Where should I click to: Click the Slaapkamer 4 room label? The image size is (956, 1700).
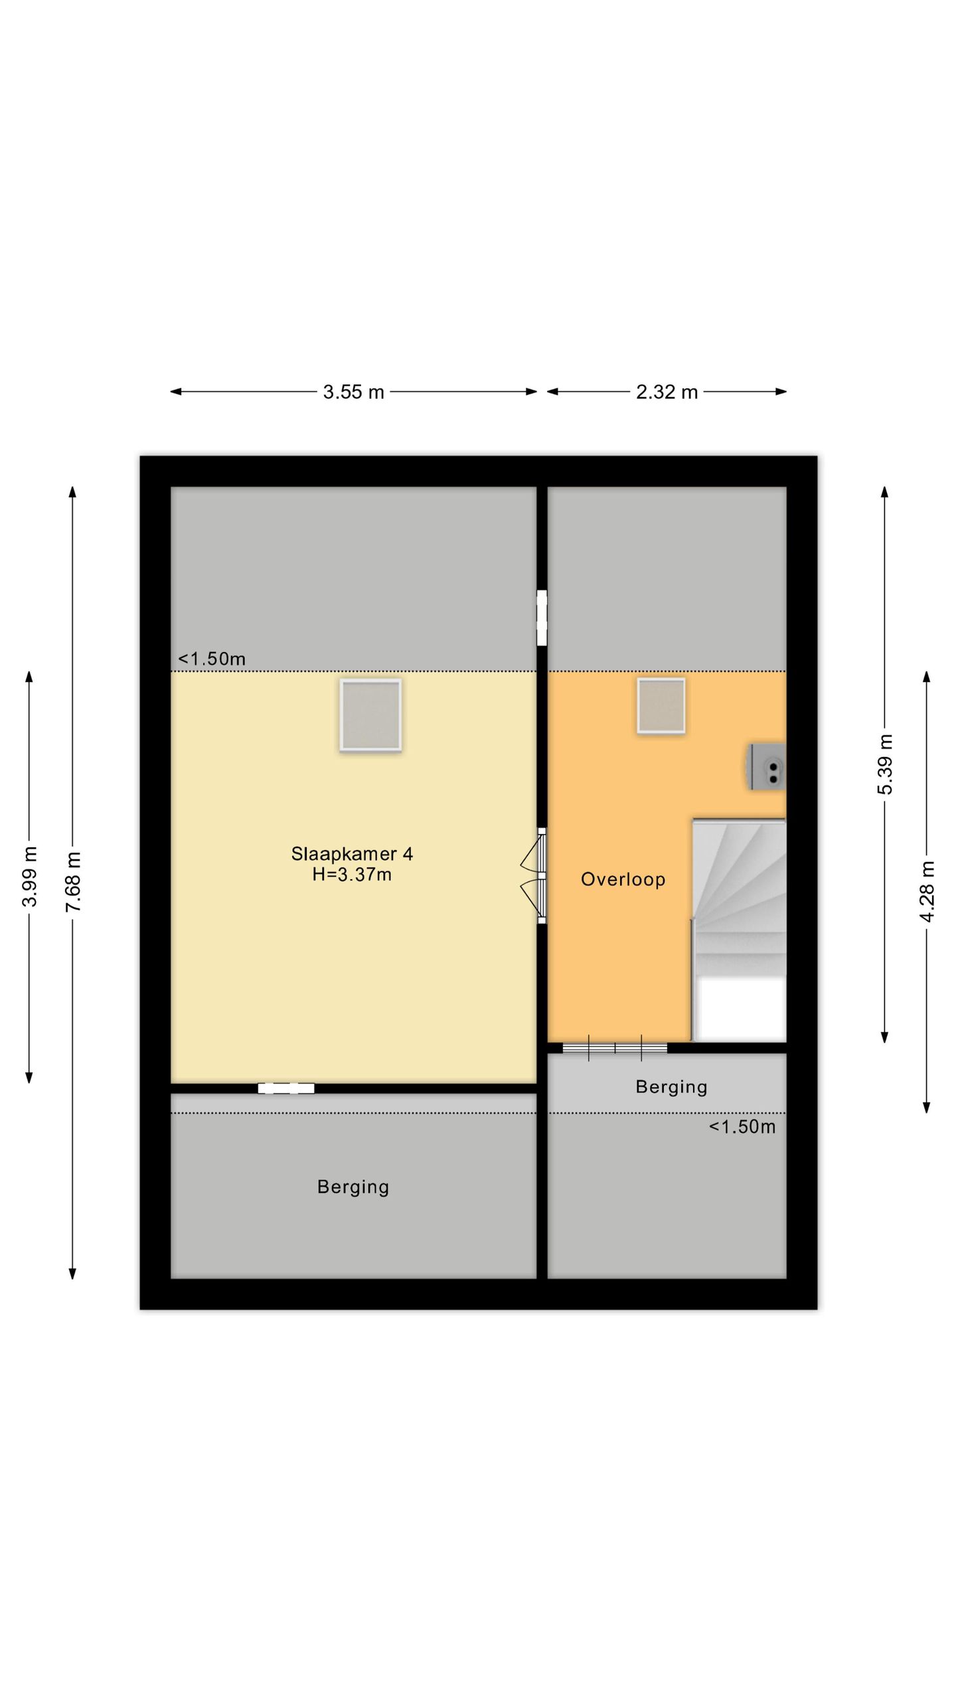(x=352, y=853)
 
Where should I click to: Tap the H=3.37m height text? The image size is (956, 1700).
(x=352, y=875)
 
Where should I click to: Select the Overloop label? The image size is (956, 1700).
(x=623, y=879)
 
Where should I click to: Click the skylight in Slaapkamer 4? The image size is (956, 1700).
(x=370, y=715)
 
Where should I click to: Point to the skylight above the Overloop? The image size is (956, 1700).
(x=661, y=705)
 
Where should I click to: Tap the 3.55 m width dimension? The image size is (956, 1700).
(x=353, y=392)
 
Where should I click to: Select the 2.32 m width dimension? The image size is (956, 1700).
(x=667, y=392)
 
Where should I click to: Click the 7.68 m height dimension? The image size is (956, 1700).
(x=73, y=881)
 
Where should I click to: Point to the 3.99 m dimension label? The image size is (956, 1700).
(x=29, y=877)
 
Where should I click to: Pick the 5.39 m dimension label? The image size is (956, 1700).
(x=885, y=764)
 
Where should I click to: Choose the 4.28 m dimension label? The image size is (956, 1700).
(x=927, y=892)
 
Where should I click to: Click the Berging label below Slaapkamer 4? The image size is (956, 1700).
(x=353, y=1187)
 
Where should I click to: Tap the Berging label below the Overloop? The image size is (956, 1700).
(x=671, y=1086)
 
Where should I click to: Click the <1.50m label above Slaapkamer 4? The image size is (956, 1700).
(x=212, y=659)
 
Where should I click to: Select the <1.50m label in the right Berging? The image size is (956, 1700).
(x=742, y=1126)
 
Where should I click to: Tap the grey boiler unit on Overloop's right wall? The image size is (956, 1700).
(x=767, y=766)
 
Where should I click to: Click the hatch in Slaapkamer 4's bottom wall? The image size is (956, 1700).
(x=286, y=1088)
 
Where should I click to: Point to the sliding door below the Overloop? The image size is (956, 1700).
(x=615, y=1048)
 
